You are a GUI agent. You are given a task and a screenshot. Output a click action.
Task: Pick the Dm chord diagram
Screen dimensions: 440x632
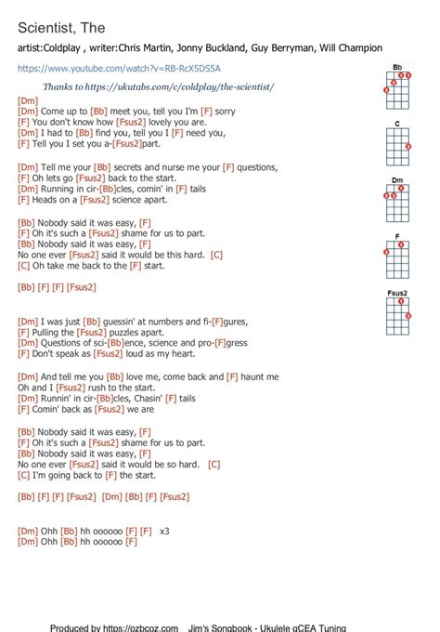tap(396, 197)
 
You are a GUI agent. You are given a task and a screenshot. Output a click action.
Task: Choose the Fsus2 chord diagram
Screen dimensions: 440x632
tap(397, 314)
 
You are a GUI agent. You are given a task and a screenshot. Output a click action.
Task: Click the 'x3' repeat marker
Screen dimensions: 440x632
tap(165, 531)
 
